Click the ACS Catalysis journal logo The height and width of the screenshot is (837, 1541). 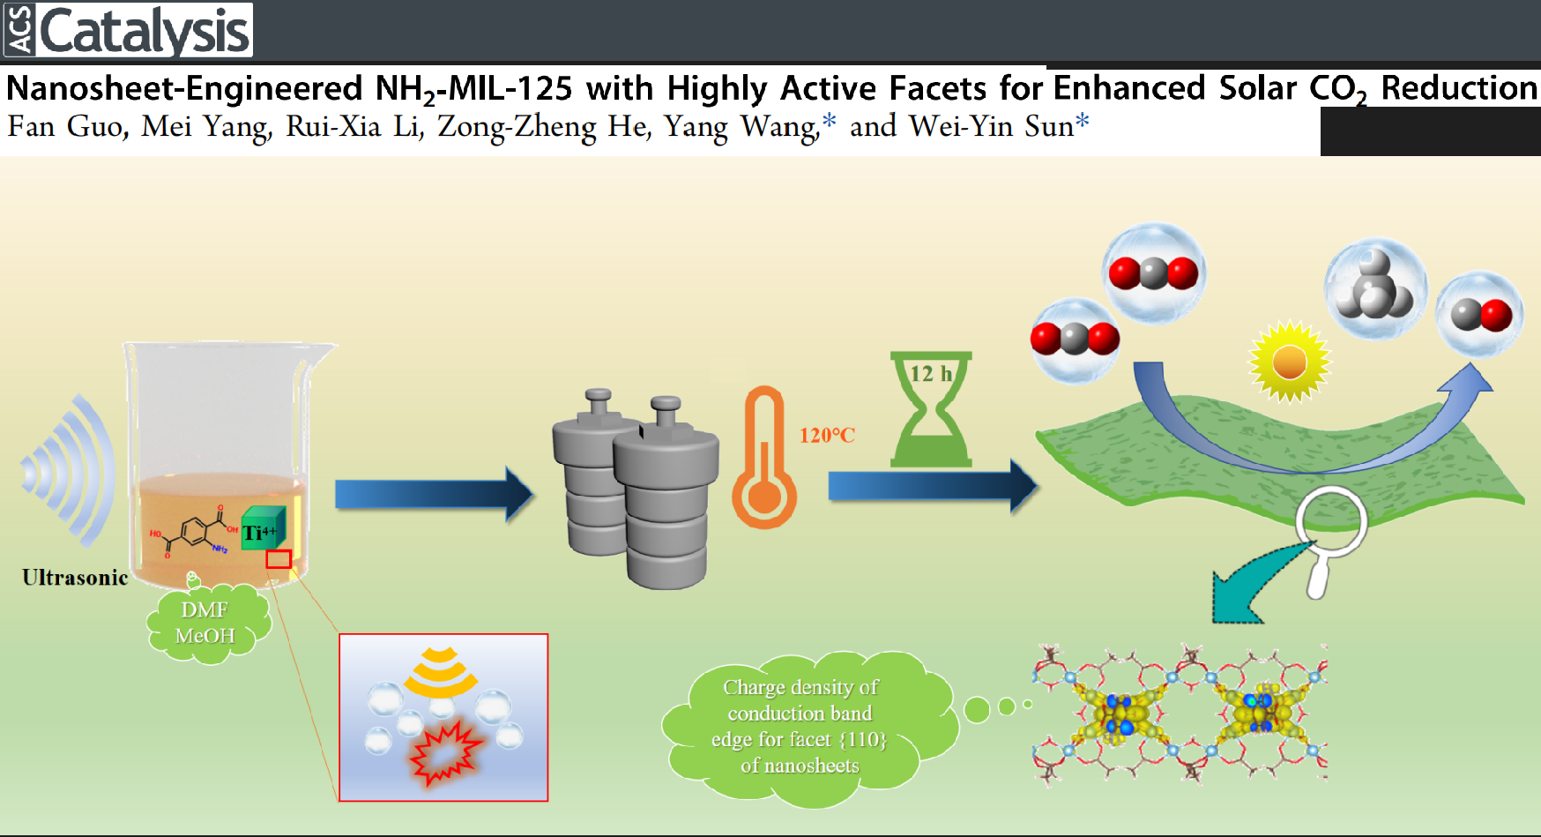tap(129, 30)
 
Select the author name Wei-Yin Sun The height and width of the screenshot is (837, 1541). tap(991, 127)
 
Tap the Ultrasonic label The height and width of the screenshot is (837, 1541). tap(75, 578)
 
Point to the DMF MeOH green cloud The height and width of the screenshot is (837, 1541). tap(206, 623)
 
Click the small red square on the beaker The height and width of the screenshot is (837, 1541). tap(279, 559)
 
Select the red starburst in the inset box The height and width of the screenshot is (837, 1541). tap(445, 752)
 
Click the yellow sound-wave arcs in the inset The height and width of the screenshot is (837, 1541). tap(441, 672)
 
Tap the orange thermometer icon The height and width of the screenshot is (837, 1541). tap(763, 459)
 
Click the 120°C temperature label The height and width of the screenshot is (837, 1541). tap(827, 435)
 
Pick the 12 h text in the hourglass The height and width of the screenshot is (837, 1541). tap(931, 374)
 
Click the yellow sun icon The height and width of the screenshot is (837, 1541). tap(1289, 362)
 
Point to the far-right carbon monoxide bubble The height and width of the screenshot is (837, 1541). tap(1480, 314)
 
